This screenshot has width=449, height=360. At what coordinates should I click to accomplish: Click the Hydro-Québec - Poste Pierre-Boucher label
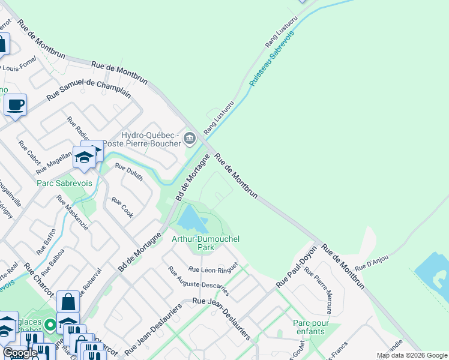click(x=142, y=139)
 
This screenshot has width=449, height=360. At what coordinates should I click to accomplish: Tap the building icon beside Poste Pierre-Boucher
click(x=190, y=139)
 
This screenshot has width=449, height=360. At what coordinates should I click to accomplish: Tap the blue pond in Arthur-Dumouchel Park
click(x=193, y=219)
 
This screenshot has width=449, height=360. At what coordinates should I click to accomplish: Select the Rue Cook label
click(x=122, y=208)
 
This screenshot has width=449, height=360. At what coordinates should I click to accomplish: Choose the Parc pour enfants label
click(x=310, y=327)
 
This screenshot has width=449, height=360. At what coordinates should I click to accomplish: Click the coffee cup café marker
click(x=15, y=105)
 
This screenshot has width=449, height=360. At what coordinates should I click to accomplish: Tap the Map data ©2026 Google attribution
click(x=411, y=355)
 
